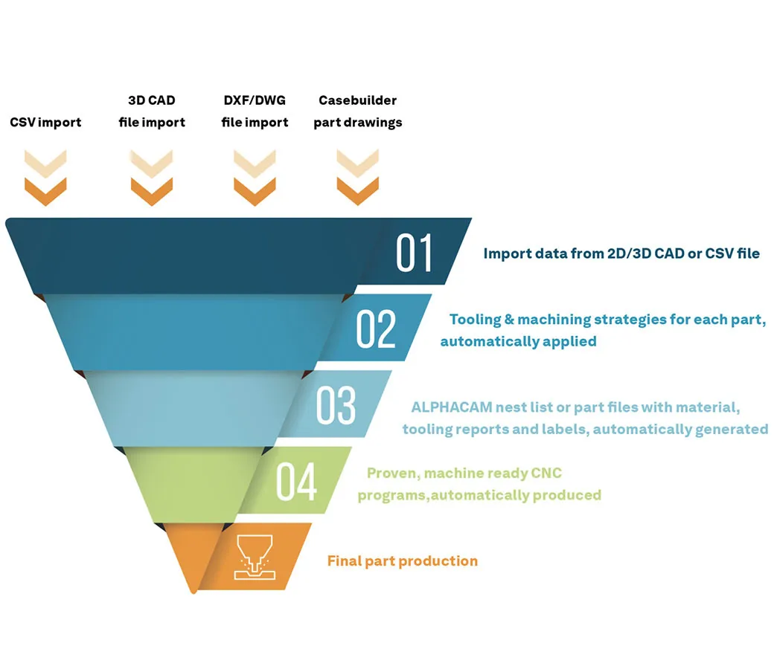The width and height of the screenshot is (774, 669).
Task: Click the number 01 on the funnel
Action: tap(415, 253)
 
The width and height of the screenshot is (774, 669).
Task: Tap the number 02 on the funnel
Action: tap(376, 329)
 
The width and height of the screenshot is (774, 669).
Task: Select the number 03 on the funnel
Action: tap(336, 405)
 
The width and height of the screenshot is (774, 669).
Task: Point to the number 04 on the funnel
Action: tap(296, 482)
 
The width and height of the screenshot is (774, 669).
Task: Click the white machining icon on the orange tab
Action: tap(252, 556)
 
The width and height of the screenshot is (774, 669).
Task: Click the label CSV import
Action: tap(45, 122)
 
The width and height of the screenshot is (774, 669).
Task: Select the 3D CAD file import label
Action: tap(152, 111)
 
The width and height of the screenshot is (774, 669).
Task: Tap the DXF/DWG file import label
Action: tap(255, 111)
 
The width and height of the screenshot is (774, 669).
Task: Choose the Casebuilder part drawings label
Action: tap(357, 111)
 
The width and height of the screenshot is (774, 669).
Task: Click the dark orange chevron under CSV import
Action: tap(45, 191)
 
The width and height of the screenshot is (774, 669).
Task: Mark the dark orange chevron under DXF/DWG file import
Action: tap(255, 191)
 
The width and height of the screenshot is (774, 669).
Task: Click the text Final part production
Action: tap(402, 560)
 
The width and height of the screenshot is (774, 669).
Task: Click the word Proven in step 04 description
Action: tap(392, 473)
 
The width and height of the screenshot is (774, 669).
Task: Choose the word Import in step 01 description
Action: tap(506, 253)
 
